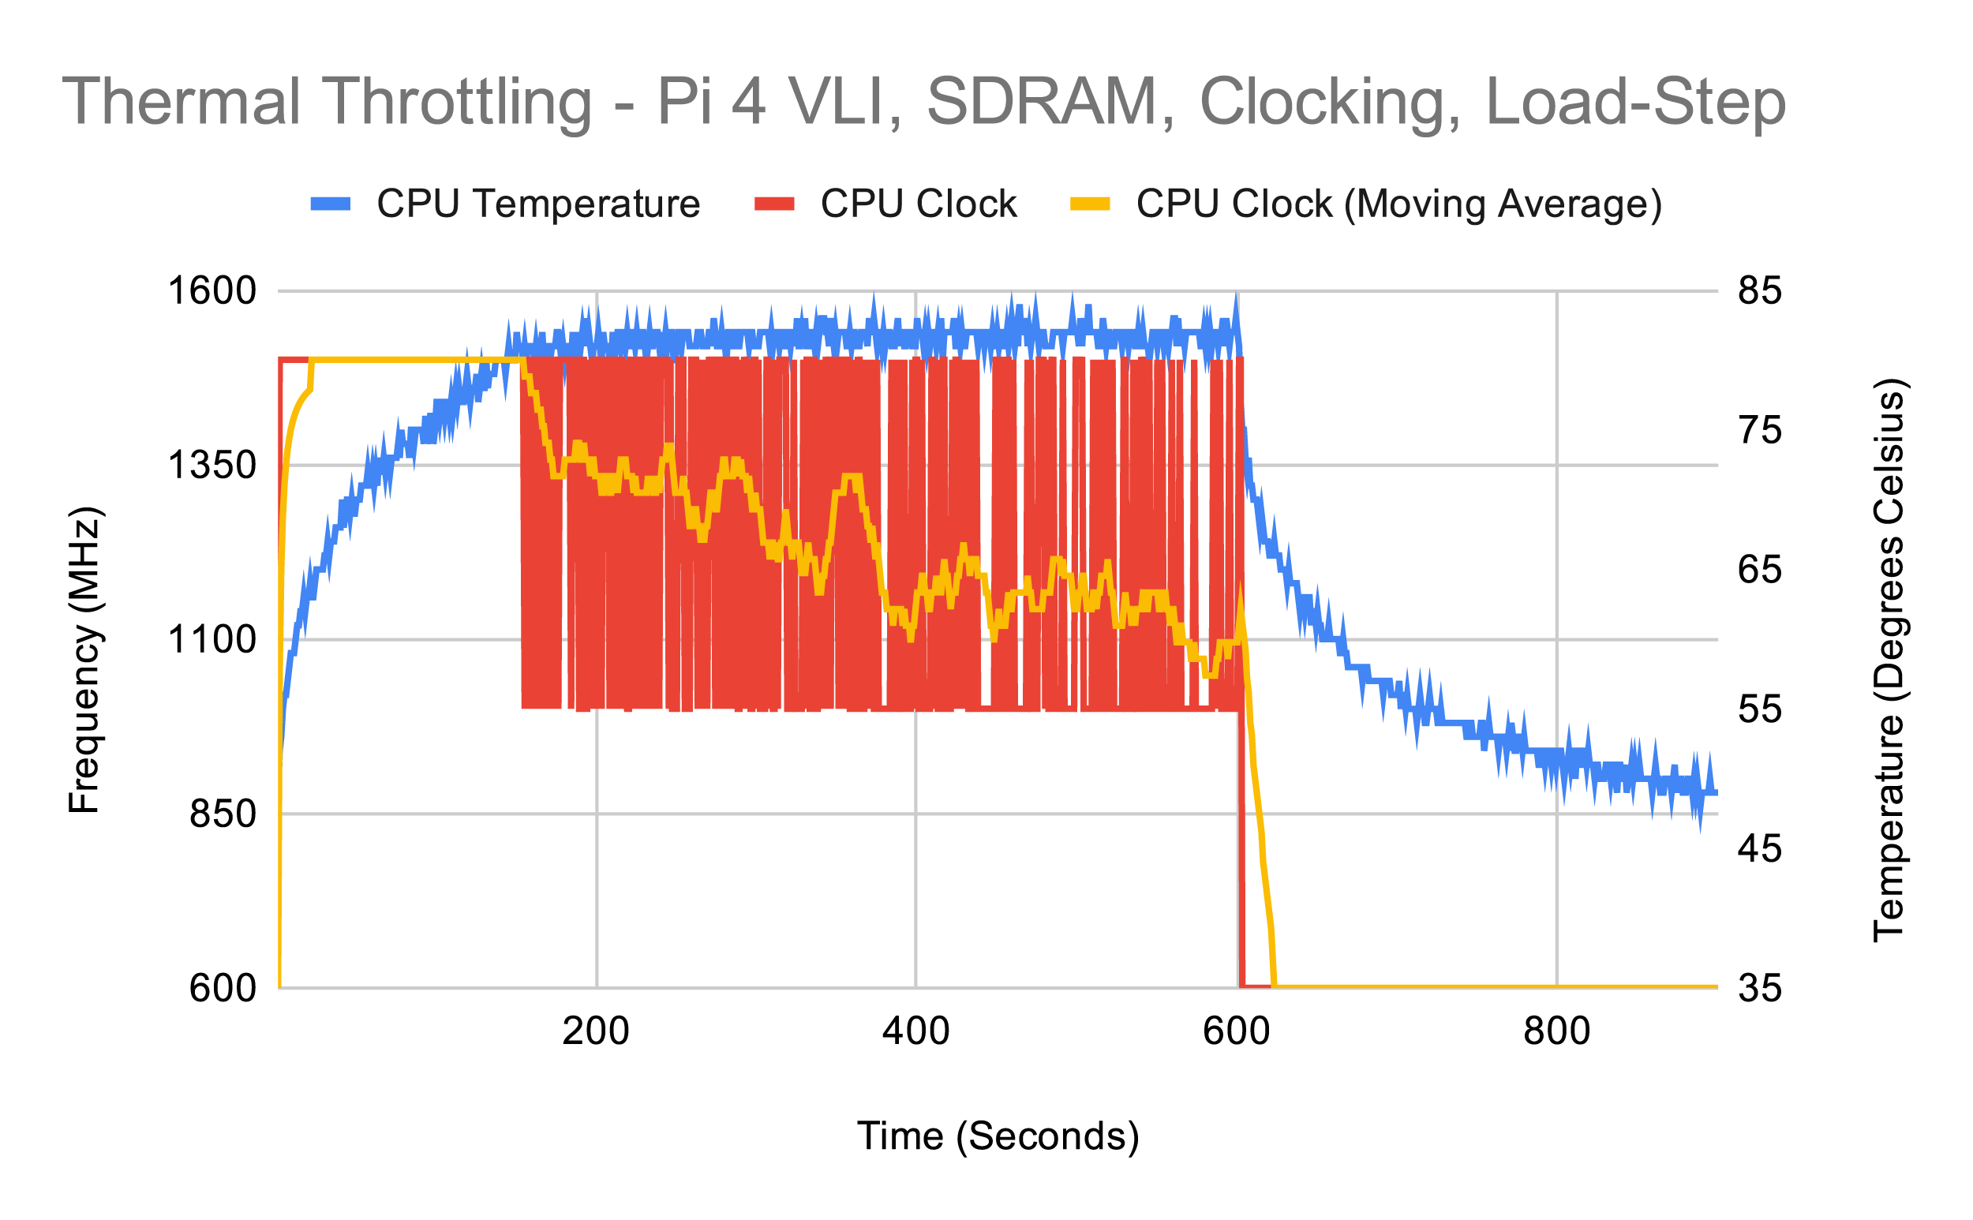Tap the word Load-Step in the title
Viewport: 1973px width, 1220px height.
(1635, 103)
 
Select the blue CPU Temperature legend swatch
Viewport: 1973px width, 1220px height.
(331, 204)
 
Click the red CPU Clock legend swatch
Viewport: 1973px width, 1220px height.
(774, 204)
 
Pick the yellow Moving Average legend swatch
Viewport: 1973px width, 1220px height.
(1089, 204)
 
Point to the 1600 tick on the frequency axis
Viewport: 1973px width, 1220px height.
(212, 290)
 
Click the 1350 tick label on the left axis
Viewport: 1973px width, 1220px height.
(212, 466)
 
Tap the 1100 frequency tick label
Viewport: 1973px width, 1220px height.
(212, 640)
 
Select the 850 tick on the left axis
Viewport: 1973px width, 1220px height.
(223, 814)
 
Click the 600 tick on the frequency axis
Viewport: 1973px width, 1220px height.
(223, 988)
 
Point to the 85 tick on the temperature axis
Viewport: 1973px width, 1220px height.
(1760, 290)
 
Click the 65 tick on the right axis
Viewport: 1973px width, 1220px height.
(1760, 570)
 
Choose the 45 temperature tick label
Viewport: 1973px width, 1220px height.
(1760, 849)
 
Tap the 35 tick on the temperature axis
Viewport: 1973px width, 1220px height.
(1760, 988)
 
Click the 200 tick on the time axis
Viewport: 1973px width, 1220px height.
(596, 1032)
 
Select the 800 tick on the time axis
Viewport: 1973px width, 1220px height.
(1556, 1032)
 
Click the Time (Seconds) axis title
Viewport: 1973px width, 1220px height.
(998, 1137)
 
